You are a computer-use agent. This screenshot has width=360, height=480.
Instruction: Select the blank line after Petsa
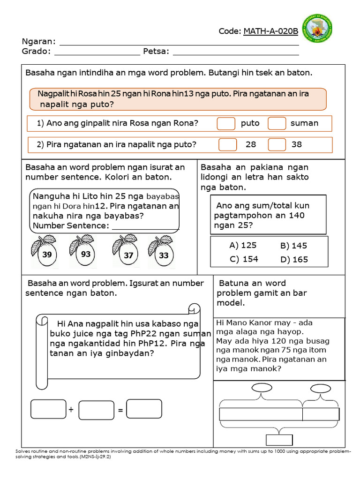pos(236,52)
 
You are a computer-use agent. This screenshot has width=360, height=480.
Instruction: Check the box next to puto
pos(226,123)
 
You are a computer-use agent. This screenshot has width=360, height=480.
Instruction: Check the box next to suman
pos(277,123)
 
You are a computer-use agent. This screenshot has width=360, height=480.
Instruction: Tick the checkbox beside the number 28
pos(228,144)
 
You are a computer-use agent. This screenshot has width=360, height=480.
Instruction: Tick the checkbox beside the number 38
pos(277,144)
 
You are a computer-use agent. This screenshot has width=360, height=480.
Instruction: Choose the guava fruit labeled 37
pos(127,252)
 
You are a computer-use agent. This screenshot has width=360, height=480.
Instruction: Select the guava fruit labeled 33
pos(162,252)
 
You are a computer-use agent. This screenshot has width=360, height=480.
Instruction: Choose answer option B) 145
pos(293,246)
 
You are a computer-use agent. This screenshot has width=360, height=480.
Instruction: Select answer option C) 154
pos(244,259)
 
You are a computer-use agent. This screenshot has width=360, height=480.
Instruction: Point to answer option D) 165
pos(294,260)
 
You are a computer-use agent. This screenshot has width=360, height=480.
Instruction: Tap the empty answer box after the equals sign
pos(144,409)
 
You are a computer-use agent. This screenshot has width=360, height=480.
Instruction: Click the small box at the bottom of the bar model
pos(279,440)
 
